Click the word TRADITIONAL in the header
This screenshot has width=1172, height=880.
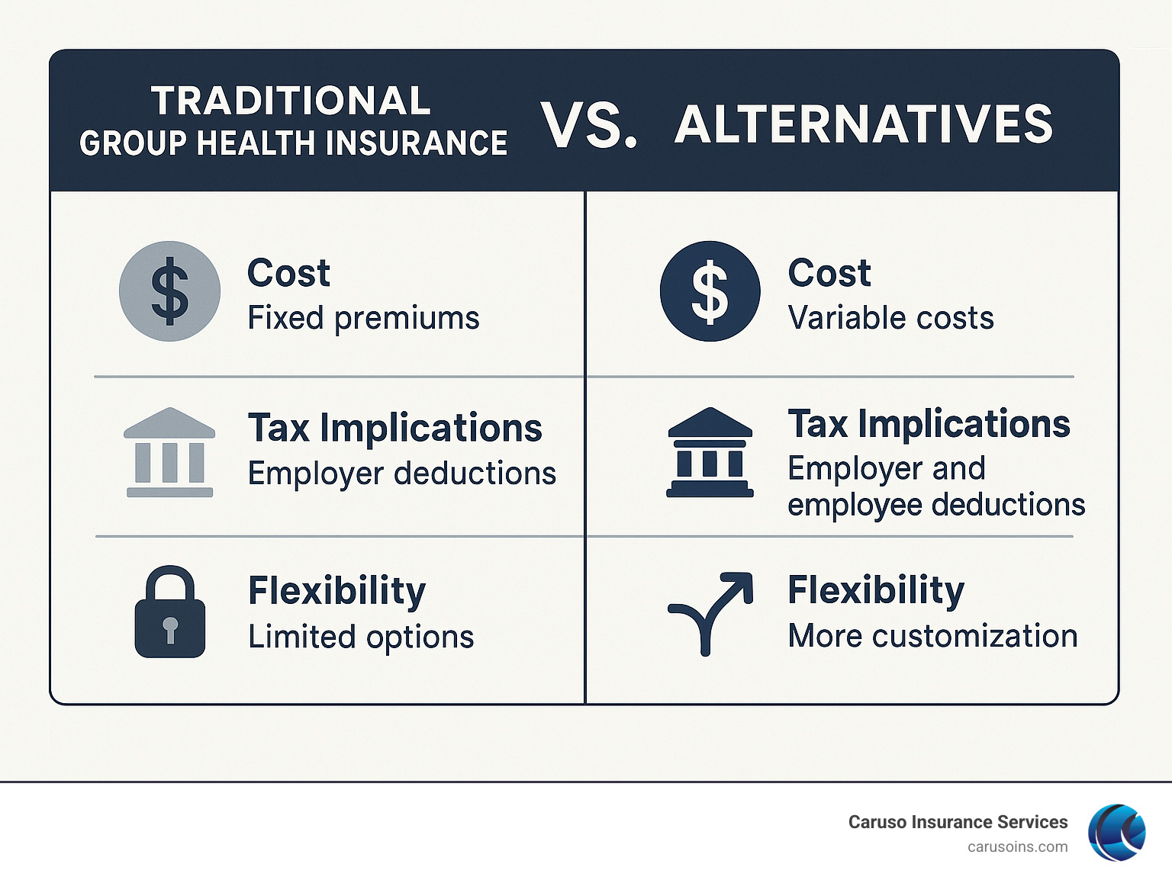(x=291, y=101)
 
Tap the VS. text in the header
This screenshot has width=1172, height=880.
(x=588, y=125)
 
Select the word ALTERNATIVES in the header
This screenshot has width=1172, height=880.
(x=863, y=125)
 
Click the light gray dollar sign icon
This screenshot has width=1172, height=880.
(x=169, y=291)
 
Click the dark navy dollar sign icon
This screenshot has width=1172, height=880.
(x=710, y=291)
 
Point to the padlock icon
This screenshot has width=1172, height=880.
(x=169, y=612)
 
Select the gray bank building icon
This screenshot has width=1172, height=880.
(x=169, y=452)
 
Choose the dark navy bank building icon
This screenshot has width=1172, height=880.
(x=710, y=452)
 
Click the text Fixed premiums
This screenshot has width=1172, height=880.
(x=363, y=318)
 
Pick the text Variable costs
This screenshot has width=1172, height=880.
(x=890, y=318)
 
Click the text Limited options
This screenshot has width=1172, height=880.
(x=361, y=637)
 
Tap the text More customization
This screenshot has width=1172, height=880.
(x=932, y=636)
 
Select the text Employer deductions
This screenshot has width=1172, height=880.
(x=402, y=474)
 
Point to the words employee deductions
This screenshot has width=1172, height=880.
(x=936, y=505)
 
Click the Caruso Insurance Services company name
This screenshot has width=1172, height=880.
(x=958, y=822)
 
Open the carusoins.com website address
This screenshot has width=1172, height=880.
(x=1017, y=847)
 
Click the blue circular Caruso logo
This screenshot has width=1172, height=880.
(x=1117, y=833)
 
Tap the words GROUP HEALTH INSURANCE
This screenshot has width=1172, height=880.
(x=293, y=143)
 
